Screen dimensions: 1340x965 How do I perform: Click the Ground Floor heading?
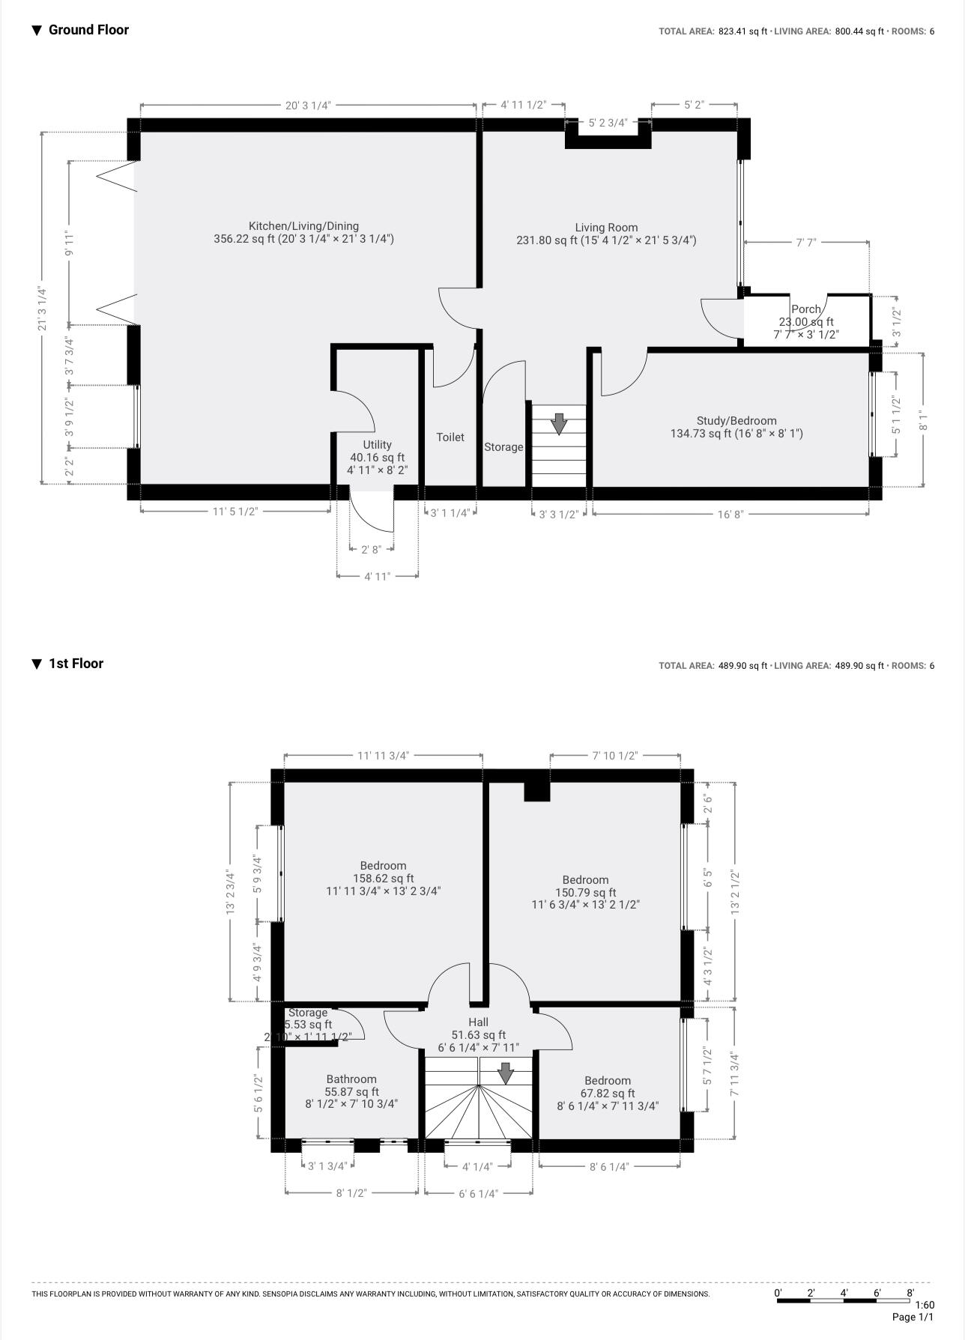pyautogui.click(x=88, y=30)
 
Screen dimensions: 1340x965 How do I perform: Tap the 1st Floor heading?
pyautogui.click(x=76, y=664)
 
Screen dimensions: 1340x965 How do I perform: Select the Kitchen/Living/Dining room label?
pyautogui.click(x=303, y=226)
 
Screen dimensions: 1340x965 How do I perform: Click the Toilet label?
pyautogui.click(x=450, y=437)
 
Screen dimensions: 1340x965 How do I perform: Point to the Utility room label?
pyautogui.click(x=377, y=445)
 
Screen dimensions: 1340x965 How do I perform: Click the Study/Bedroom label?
pyautogui.click(x=736, y=421)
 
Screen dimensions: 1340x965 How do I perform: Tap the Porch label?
pyautogui.click(x=805, y=309)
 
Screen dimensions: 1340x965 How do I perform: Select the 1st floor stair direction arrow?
pyautogui.click(x=506, y=1073)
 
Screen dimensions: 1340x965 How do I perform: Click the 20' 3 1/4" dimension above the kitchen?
pyautogui.click(x=308, y=106)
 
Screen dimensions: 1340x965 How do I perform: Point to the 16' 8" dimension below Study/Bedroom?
pyautogui.click(x=730, y=515)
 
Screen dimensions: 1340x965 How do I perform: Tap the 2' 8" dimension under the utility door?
pyautogui.click(x=371, y=550)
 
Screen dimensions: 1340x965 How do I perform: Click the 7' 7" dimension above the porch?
pyautogui.click(x=805, y=243)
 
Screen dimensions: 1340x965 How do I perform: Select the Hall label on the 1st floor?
pyautogui.click(x=478, y=1022)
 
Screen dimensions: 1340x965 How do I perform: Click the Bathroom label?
pyautogui.click(x=351, y=1079)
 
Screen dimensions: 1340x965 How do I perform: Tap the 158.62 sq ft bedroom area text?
pyautogui.click(x=383, y=879)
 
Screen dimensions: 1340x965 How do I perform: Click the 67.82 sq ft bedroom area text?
pyautogui.click(x=607, y=1094)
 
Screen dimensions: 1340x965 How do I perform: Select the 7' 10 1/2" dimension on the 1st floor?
pyautogui.click(x=614, y=756)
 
